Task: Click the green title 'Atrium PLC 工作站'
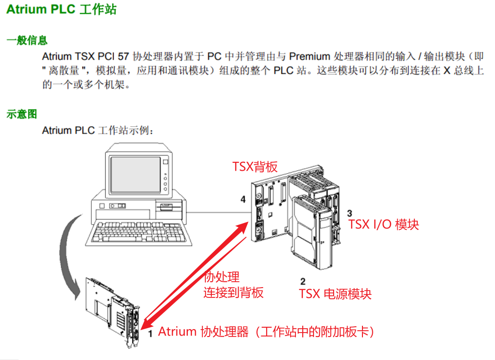pos(62,9)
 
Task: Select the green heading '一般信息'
pos(27,41)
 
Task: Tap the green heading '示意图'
pos(22,114)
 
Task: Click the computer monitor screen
pos(136,175)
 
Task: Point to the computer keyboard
pos(138,233)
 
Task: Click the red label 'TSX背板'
pos(255,167)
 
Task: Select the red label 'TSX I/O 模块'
pos(383,225)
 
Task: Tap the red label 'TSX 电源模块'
pos(335,294)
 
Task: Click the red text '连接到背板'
pos(233,292)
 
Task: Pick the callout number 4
pos(243,199)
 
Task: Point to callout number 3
pos(349,213)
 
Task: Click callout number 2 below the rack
pos(303,281)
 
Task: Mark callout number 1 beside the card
pos(151,334)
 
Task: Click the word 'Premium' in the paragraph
pos(309,56)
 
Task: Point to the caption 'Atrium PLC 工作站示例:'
pos(98,130)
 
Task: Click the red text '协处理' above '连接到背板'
pos(222,277)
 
